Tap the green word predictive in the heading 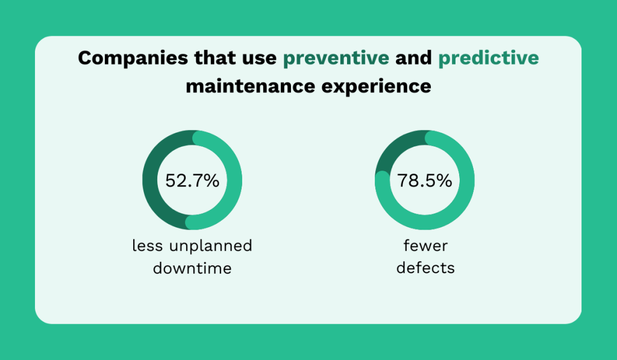point(489,58)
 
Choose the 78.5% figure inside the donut point(424,180)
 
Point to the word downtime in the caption point(192,268)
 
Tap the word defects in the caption point(425,268)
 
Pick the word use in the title point(258,58)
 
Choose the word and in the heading point(414,58)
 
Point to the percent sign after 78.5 point(444,180)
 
